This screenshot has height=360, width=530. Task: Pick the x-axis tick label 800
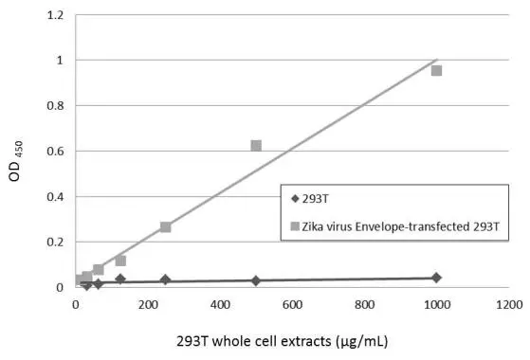tap(364, 306)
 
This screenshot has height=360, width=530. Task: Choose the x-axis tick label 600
tap(292, 306)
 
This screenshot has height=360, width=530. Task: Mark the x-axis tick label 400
tap(220, 306)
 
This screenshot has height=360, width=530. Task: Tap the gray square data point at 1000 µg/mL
tap(436, 70)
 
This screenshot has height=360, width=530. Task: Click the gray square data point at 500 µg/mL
tap(256, 146)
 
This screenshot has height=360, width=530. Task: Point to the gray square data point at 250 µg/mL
tap(166, 227)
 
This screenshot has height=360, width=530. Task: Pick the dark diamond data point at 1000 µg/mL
tap(436, 278)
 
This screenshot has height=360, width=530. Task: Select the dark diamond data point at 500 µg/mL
tap(256, 280)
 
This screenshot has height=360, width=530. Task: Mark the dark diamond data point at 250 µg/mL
tap(166, 279)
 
